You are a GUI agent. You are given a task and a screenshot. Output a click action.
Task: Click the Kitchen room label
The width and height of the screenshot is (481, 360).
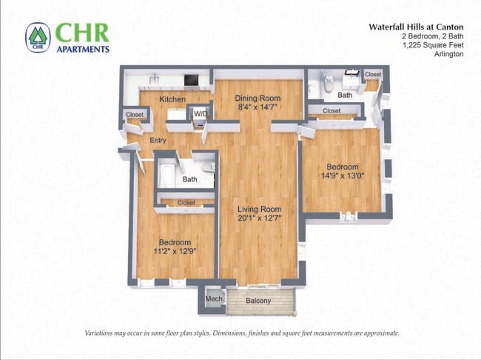coord(172,99)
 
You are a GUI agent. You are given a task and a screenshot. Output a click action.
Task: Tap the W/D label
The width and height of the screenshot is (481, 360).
coord(201,114)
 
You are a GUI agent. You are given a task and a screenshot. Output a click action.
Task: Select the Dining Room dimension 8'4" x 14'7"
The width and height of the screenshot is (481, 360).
coord(258,107)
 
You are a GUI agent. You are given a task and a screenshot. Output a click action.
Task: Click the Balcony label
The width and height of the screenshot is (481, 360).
coord(258,301)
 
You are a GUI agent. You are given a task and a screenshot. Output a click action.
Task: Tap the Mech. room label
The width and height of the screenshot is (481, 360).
coord(214,299)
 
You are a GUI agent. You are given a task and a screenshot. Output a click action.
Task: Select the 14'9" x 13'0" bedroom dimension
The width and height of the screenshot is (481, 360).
coord(343,176)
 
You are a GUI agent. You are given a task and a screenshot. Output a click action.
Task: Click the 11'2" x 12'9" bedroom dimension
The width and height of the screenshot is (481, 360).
coord(175,252)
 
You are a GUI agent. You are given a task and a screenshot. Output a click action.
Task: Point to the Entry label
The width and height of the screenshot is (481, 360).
coord(158,140)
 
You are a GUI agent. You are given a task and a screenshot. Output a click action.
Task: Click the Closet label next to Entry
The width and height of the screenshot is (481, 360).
coord(135,115)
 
